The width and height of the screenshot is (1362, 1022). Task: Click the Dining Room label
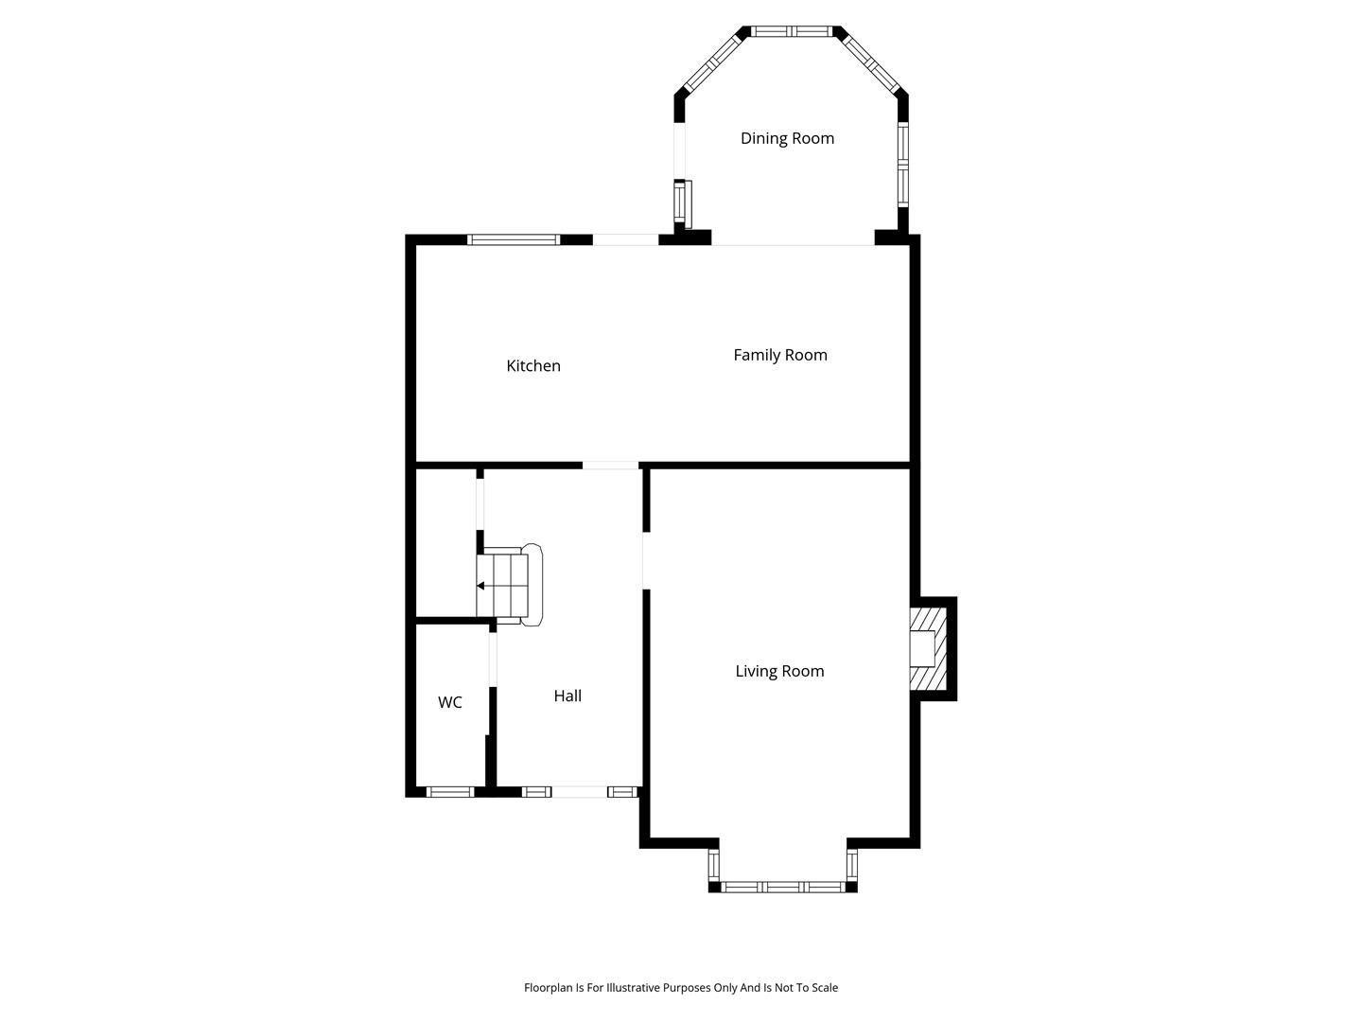787,138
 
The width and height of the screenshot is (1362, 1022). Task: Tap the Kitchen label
533,365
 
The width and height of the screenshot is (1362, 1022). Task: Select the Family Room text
780,355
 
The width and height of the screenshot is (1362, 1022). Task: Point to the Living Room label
779,671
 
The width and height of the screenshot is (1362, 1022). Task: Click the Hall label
567,696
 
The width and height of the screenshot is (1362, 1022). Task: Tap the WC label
450,702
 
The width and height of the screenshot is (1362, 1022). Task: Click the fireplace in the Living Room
928,648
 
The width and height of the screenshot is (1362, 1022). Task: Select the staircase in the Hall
509,585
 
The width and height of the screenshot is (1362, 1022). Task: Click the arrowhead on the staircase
480,586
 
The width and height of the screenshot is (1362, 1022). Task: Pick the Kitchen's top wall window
514,239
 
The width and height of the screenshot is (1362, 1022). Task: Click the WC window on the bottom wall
450,792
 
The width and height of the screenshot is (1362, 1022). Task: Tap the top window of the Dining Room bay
791,31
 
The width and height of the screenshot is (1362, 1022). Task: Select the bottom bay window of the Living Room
783,888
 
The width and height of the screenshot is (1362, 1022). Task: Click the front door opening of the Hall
579,792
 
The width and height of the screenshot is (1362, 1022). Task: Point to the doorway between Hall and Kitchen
610,466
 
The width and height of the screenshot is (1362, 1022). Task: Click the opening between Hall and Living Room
646,560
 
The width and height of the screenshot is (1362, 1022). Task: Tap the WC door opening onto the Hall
493,660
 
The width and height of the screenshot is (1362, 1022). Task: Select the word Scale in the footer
824,987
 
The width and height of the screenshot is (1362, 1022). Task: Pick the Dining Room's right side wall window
903,165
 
